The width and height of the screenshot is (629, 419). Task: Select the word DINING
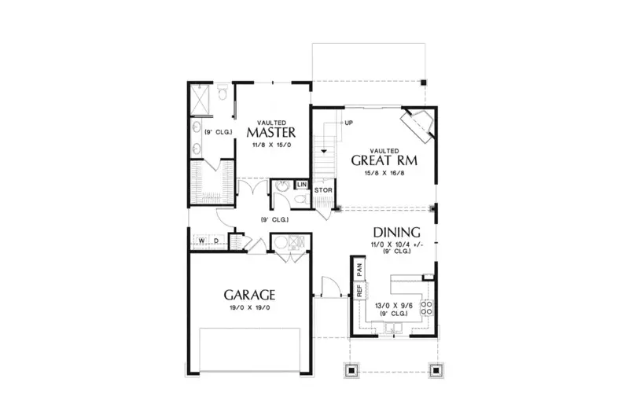(396, 233)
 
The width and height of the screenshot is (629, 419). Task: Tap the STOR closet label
(322, 190)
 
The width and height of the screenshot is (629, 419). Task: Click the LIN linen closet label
(301, 185)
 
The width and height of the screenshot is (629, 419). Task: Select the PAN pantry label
(359, 269)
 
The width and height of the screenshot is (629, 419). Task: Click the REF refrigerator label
(359, 290)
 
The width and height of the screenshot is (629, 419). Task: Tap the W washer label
(202, 241)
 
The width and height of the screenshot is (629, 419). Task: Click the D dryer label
(216, 241)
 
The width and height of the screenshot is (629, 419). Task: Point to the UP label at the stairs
(348, 123)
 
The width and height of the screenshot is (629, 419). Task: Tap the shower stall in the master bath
(201, 99)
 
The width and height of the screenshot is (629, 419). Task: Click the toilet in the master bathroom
(222, 96)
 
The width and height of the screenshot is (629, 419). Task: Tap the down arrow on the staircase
(322, 149)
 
